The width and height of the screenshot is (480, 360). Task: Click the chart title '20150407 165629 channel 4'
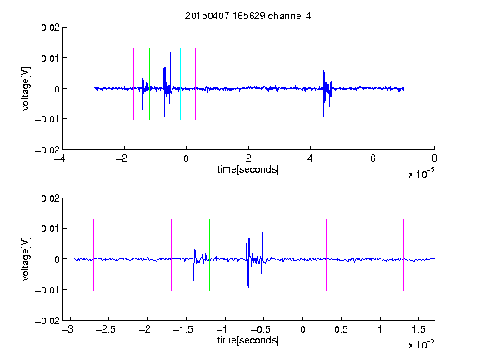click(247, 16)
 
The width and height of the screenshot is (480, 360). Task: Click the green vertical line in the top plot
click(149, 84)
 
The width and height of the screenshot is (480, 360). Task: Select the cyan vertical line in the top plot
click(180, 84)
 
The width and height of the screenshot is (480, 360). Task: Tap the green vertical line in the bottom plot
click(209, 255)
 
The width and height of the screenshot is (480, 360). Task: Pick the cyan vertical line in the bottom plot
click(287, 255)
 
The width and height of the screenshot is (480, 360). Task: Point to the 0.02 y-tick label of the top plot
click(50, 27)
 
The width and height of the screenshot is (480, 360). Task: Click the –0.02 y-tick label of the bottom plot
click(47, 321)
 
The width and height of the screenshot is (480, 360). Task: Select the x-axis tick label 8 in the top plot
click(434, 158)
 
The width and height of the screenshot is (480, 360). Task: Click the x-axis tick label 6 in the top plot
click(372, 158)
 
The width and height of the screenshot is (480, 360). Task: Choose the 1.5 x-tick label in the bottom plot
click(419, 329)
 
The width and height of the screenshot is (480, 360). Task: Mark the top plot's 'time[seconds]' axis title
click(248, 169)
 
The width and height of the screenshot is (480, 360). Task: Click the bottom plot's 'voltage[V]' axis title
click(26, 259)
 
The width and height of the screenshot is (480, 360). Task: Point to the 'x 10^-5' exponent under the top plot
click(421, 173)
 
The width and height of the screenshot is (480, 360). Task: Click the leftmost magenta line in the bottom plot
click(93, 255)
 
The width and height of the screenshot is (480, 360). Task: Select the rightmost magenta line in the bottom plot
click(404, 255)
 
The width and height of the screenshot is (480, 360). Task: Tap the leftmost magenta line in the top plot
click(102, 84)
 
